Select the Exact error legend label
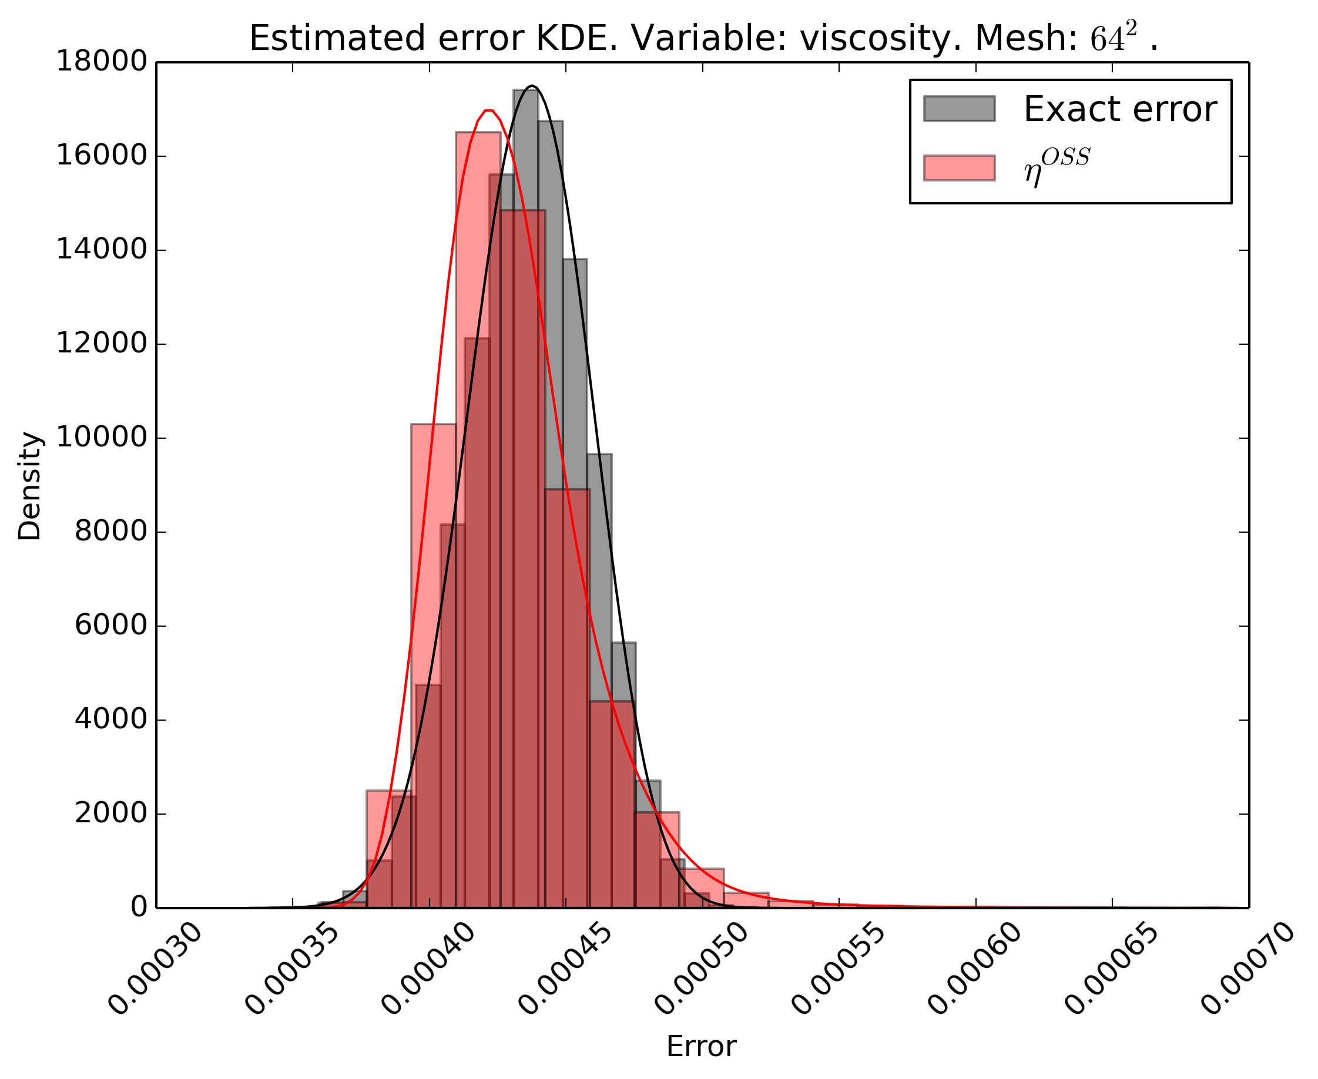coord(1119,109)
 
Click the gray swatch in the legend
coord(958,109)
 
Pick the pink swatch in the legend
coord(958,168)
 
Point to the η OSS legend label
coord(1057,167)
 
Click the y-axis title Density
coord(29,486)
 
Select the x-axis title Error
coord(701,1047)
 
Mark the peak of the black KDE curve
coord(532,86)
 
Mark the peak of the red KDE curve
coord(489,110)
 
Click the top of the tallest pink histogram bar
coord(478,132)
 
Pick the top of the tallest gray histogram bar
coord(525,90)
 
